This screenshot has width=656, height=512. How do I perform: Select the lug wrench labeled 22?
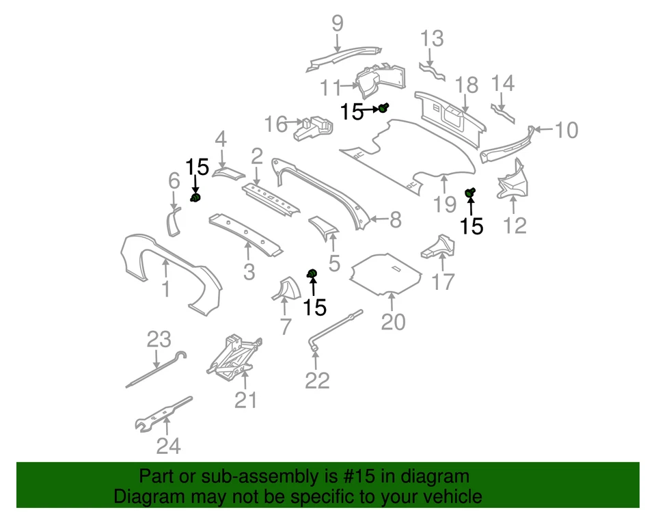(x=335, y=331)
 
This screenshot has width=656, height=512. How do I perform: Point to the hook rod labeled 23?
(x=156, y=369)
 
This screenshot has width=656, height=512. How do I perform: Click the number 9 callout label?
(x=338, y=24)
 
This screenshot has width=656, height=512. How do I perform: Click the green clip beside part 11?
(x=384, y=107)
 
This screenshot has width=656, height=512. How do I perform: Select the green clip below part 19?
(x=470, y=193)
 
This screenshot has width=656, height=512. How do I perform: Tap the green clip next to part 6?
(x=195, y=198)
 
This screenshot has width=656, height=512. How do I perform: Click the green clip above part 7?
(x=312, y=274)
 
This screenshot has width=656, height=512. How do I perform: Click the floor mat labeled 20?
(x=386, y=273)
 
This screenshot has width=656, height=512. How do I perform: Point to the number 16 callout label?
(x=277, y=124)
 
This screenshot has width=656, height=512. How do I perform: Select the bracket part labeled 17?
(x=437, y=247)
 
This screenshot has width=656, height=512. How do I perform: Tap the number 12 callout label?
(x=515, y=224)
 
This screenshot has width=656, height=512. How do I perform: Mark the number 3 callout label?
(x=249, y=272)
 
